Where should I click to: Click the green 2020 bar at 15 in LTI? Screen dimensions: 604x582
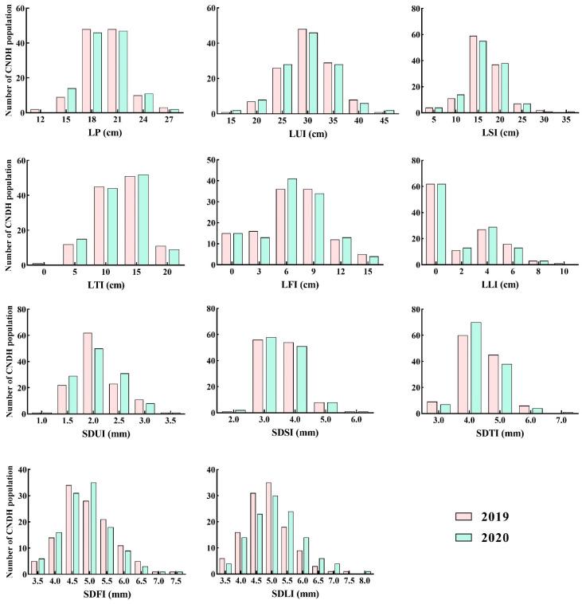(x=143, y=219)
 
